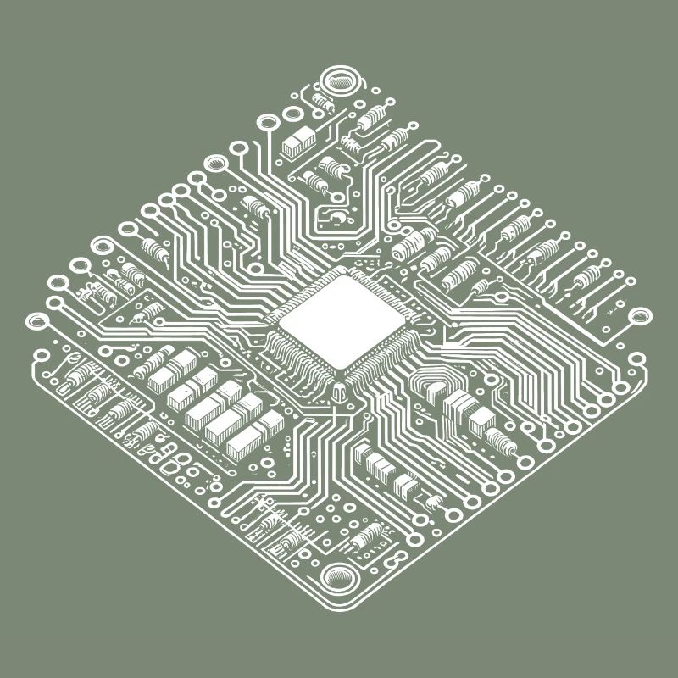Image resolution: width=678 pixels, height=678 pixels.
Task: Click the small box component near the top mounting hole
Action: point(298,142)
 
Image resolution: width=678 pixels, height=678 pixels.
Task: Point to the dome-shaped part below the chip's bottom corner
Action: point(340,392)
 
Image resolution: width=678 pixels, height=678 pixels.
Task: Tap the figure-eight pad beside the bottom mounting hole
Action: point(392,560)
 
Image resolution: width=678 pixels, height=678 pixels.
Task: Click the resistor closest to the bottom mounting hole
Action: point(370,536)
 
